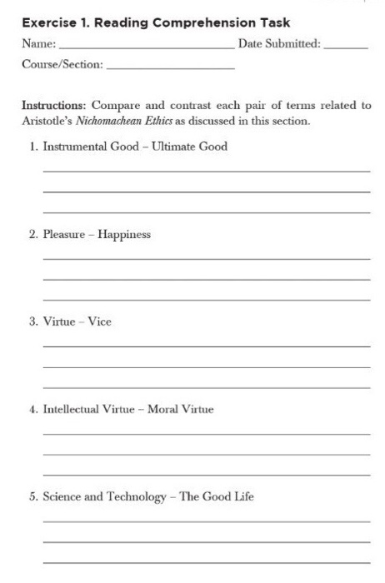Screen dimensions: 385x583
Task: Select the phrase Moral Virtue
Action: (180, 409)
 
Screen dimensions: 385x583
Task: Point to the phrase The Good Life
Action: (217, 497)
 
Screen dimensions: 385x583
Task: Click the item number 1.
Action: (32, 147)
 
